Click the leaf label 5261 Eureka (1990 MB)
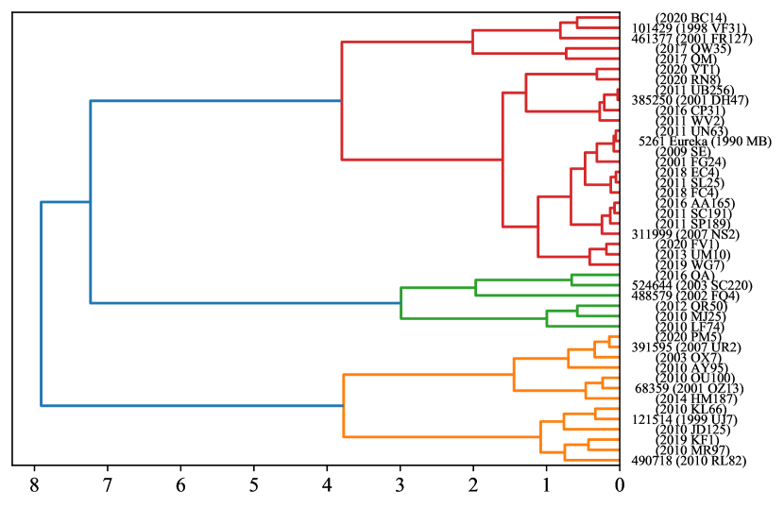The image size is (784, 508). (x=704, y=141)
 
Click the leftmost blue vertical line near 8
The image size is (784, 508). (x=41, y=304)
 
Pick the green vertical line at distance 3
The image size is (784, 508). (x=401, y=302)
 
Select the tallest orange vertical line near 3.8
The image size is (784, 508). (x=343, y=406)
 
